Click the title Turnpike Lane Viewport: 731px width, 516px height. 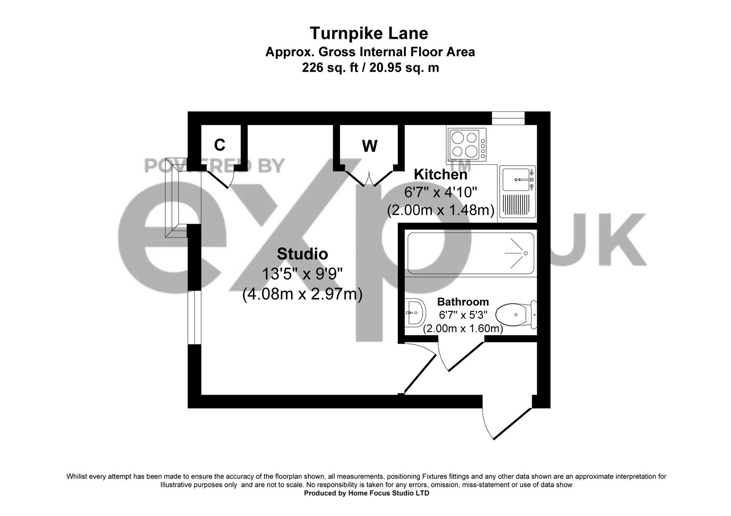pyautogui.click(x=369, y=33)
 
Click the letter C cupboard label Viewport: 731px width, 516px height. pyautogui.click(x=220, y=145)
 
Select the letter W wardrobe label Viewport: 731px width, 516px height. pyautogui.click(x=370, y=146)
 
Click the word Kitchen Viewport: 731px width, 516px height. pyautogui.click(x=440, y=174)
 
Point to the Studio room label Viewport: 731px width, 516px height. pyautogui.click(x=302, y=253)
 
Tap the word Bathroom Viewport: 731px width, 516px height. pyautogui.click(x=463, y=302)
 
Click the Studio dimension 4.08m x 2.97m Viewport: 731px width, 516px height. pyautogui.click(x=302, y=294)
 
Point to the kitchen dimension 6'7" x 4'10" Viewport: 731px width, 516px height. pyautogui.click(x=440, y=192)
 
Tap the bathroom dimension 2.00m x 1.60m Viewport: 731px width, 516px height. pyautogui.click(x=463, y=328)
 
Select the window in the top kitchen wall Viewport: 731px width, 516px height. pyautogui.click(x=508, y=118)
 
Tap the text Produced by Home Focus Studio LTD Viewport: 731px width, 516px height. pyautogui.click(x=366, y=494)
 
